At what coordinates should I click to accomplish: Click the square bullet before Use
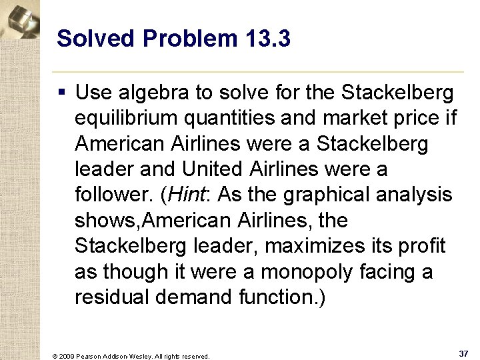click(x=63, y=93)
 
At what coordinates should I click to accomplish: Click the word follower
click(x=112, y=195)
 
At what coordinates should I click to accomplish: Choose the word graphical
click(x=317, y=195)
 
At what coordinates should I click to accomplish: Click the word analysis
click(x=415, y=195)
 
